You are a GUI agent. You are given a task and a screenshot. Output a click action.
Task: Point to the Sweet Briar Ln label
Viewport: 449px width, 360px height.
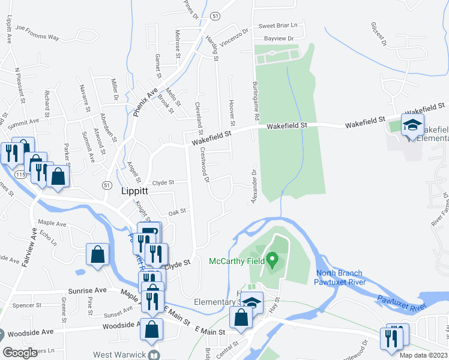(x=282, y=26)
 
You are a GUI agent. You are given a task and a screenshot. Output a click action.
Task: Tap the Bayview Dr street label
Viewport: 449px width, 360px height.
(x=279, y=38)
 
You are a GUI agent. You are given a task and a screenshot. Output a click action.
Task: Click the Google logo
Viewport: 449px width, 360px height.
(x=20, y=352)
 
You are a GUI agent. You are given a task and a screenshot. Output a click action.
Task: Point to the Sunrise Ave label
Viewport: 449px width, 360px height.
(x=89, y=290)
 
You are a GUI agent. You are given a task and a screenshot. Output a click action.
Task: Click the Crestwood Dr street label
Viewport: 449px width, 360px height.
(x=203, y=164)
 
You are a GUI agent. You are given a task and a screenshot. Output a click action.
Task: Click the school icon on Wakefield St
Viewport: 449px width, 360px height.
(x=412, y=125)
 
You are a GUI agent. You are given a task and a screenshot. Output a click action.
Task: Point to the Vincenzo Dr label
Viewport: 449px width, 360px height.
(x=234, y=37)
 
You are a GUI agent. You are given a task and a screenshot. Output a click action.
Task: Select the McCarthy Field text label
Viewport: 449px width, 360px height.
(x=237, y=262)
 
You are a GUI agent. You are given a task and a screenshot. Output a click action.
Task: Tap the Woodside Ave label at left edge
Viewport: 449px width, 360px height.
(x=27, y=331)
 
